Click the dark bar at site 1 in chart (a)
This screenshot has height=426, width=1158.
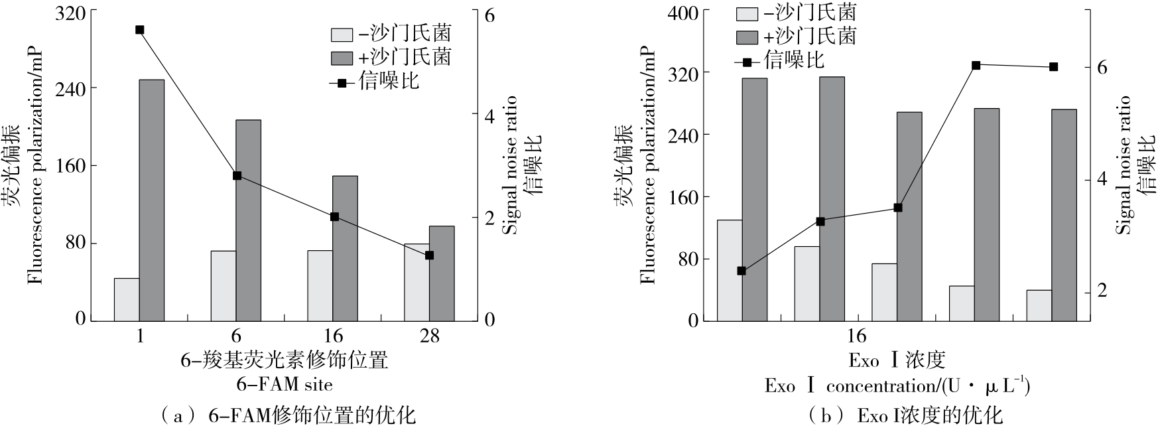point(151,199)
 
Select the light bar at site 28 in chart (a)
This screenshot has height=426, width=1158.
point(417,281)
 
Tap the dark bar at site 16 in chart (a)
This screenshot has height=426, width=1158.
point(345,248)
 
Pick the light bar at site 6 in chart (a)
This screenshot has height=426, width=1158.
point(224,285)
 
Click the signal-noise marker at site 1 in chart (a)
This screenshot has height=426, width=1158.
point(139,30)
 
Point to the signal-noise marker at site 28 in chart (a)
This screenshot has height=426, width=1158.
point(429,255)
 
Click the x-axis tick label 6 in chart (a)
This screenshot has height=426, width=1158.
point(236,336)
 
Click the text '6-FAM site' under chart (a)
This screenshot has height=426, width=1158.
point(285,384)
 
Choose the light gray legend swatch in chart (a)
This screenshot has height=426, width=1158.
point(342,35)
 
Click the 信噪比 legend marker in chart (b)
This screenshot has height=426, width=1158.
point(747,62)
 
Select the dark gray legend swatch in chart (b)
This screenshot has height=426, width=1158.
point(747,36)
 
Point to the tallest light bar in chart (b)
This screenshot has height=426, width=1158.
point(730,270)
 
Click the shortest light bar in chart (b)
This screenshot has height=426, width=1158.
point(1039,305)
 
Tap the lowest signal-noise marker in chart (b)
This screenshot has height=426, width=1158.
point(741,271)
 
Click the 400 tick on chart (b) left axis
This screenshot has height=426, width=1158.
point(684,12)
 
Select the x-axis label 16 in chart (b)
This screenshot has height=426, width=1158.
point(856,336)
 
